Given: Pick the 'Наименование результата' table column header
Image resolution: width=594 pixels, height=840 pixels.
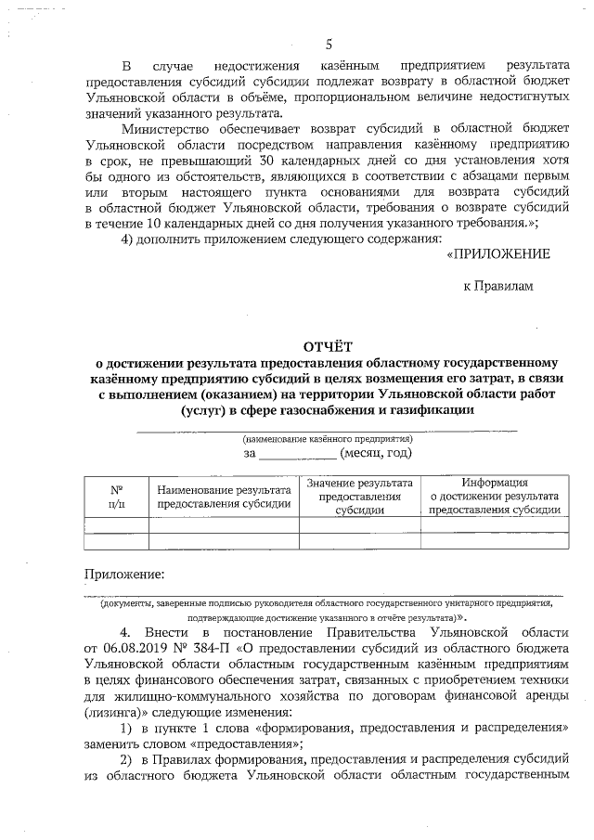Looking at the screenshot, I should coord(224,496).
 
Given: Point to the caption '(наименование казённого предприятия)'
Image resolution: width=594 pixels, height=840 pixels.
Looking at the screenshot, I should coord(327,437).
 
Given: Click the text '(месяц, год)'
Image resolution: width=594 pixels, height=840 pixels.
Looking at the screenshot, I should coord(376,453).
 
